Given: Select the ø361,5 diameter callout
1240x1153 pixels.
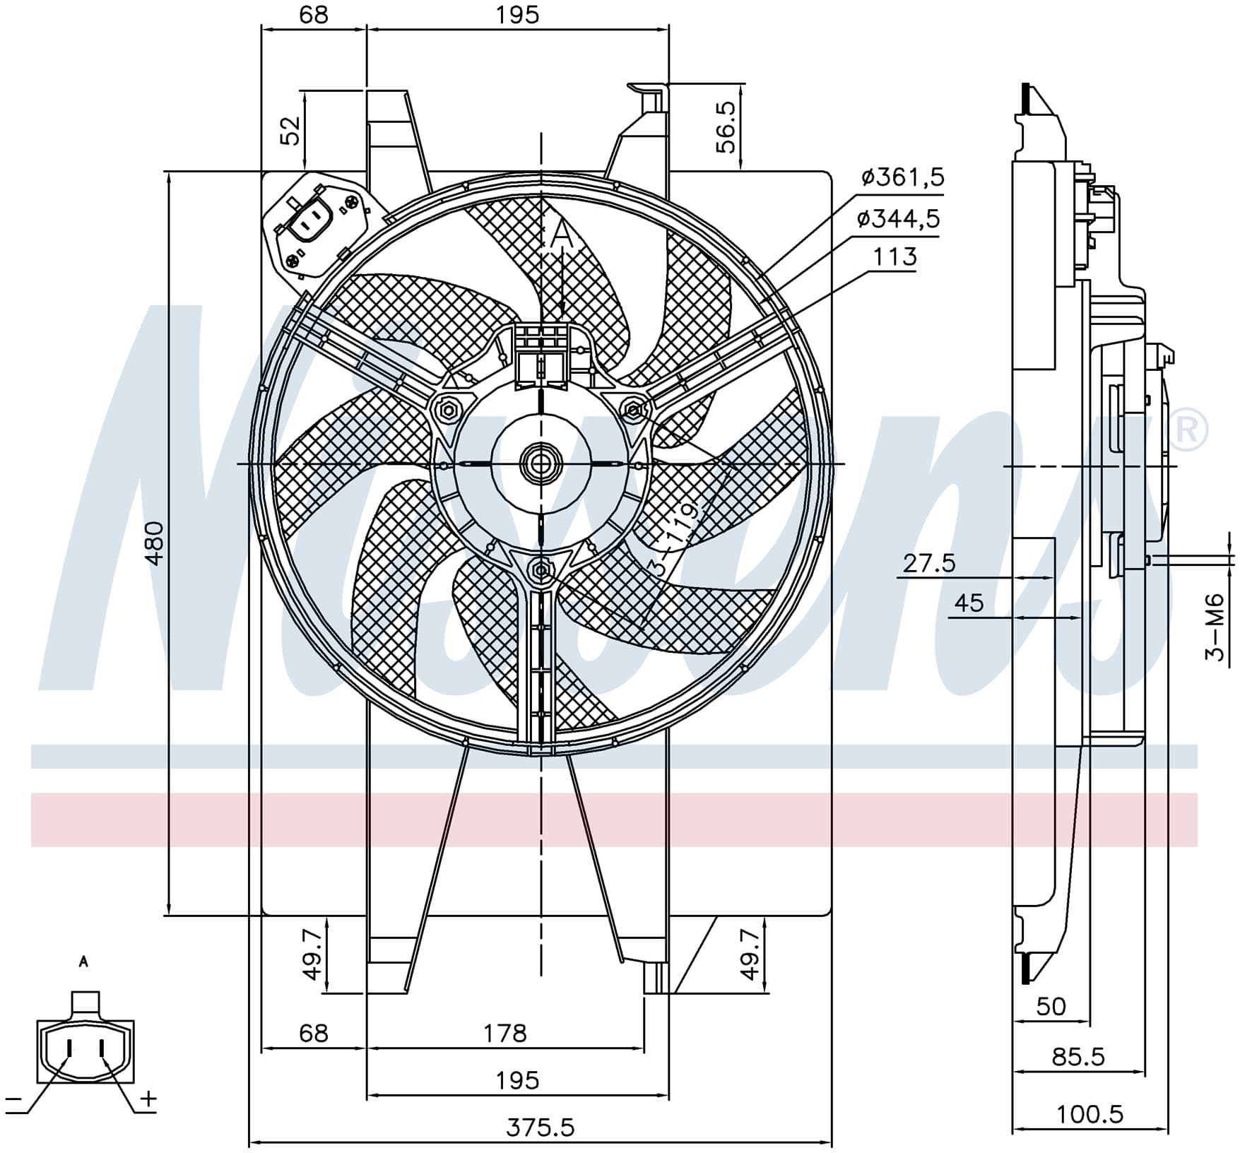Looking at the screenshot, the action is pos(902,177).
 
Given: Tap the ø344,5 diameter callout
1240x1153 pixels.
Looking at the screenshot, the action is pos(898,219).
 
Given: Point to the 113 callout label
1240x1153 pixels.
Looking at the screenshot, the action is pos(894,256).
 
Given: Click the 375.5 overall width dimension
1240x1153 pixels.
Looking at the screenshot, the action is pos(541,1128).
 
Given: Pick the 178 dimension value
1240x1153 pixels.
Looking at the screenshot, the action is pos(505,1034).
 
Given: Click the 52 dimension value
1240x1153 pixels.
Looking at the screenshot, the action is pos(290,131).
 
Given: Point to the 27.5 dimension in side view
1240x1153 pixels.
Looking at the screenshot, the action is pos(929,563).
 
